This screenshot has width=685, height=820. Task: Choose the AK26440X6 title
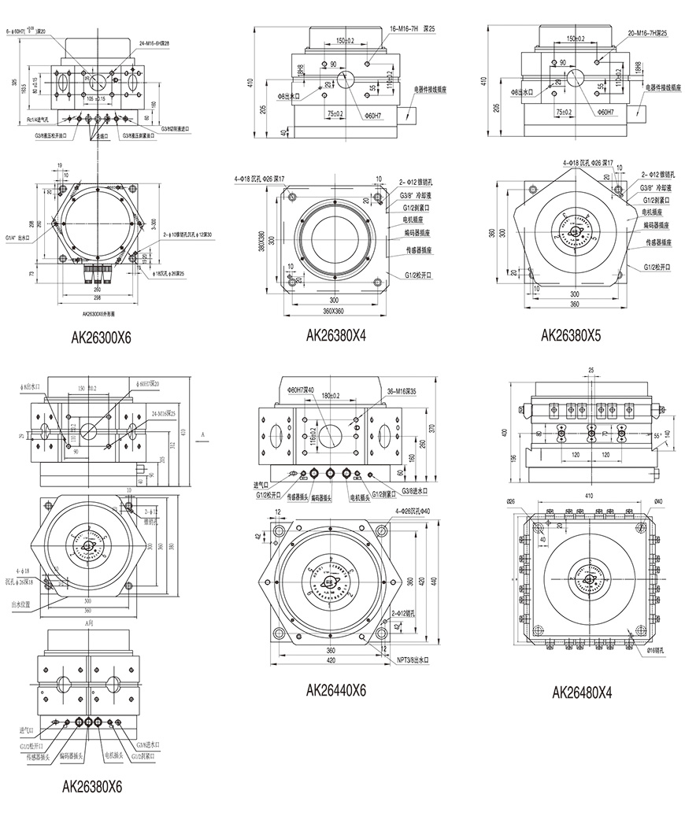[x=336, y=690]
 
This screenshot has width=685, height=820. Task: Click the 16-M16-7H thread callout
[x=413, y=28]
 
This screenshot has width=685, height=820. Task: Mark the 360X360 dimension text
[x=331, y=313]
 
